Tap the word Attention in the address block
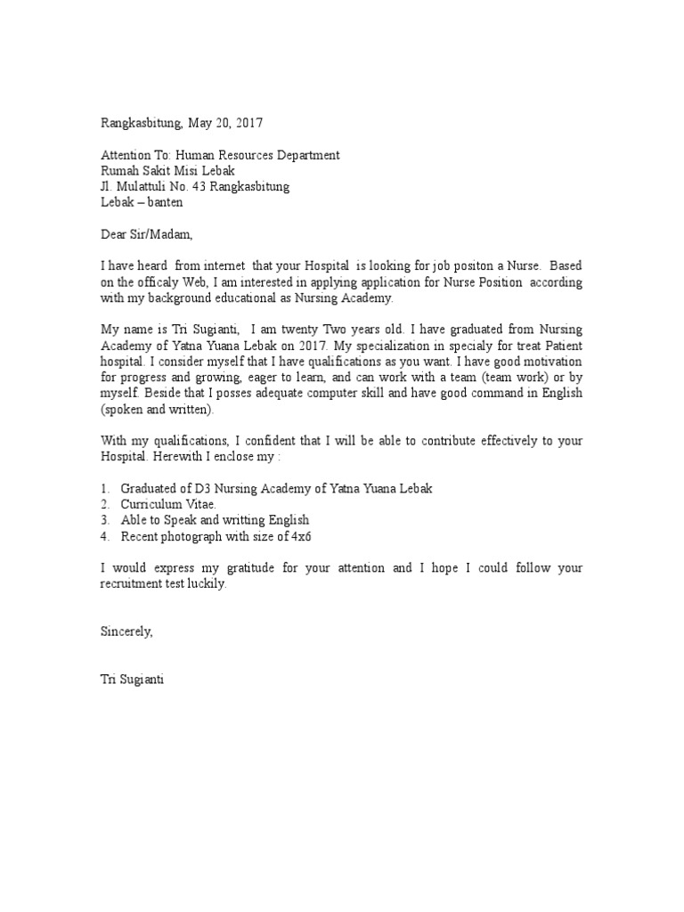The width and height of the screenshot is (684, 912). [125, 155]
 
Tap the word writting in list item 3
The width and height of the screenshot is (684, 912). [230, 520]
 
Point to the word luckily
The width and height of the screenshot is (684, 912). [206, 584]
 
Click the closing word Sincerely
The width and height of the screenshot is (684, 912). [126, 631]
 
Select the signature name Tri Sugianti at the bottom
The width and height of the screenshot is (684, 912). [132, 680]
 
